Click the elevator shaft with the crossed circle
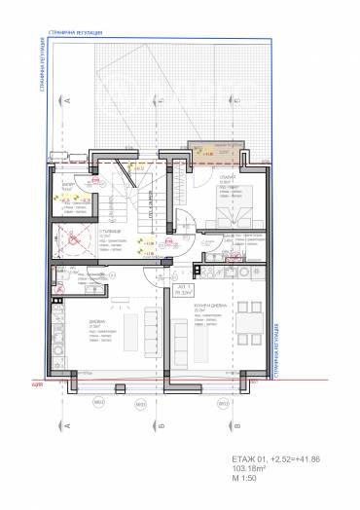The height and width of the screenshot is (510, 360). click(70, 238)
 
